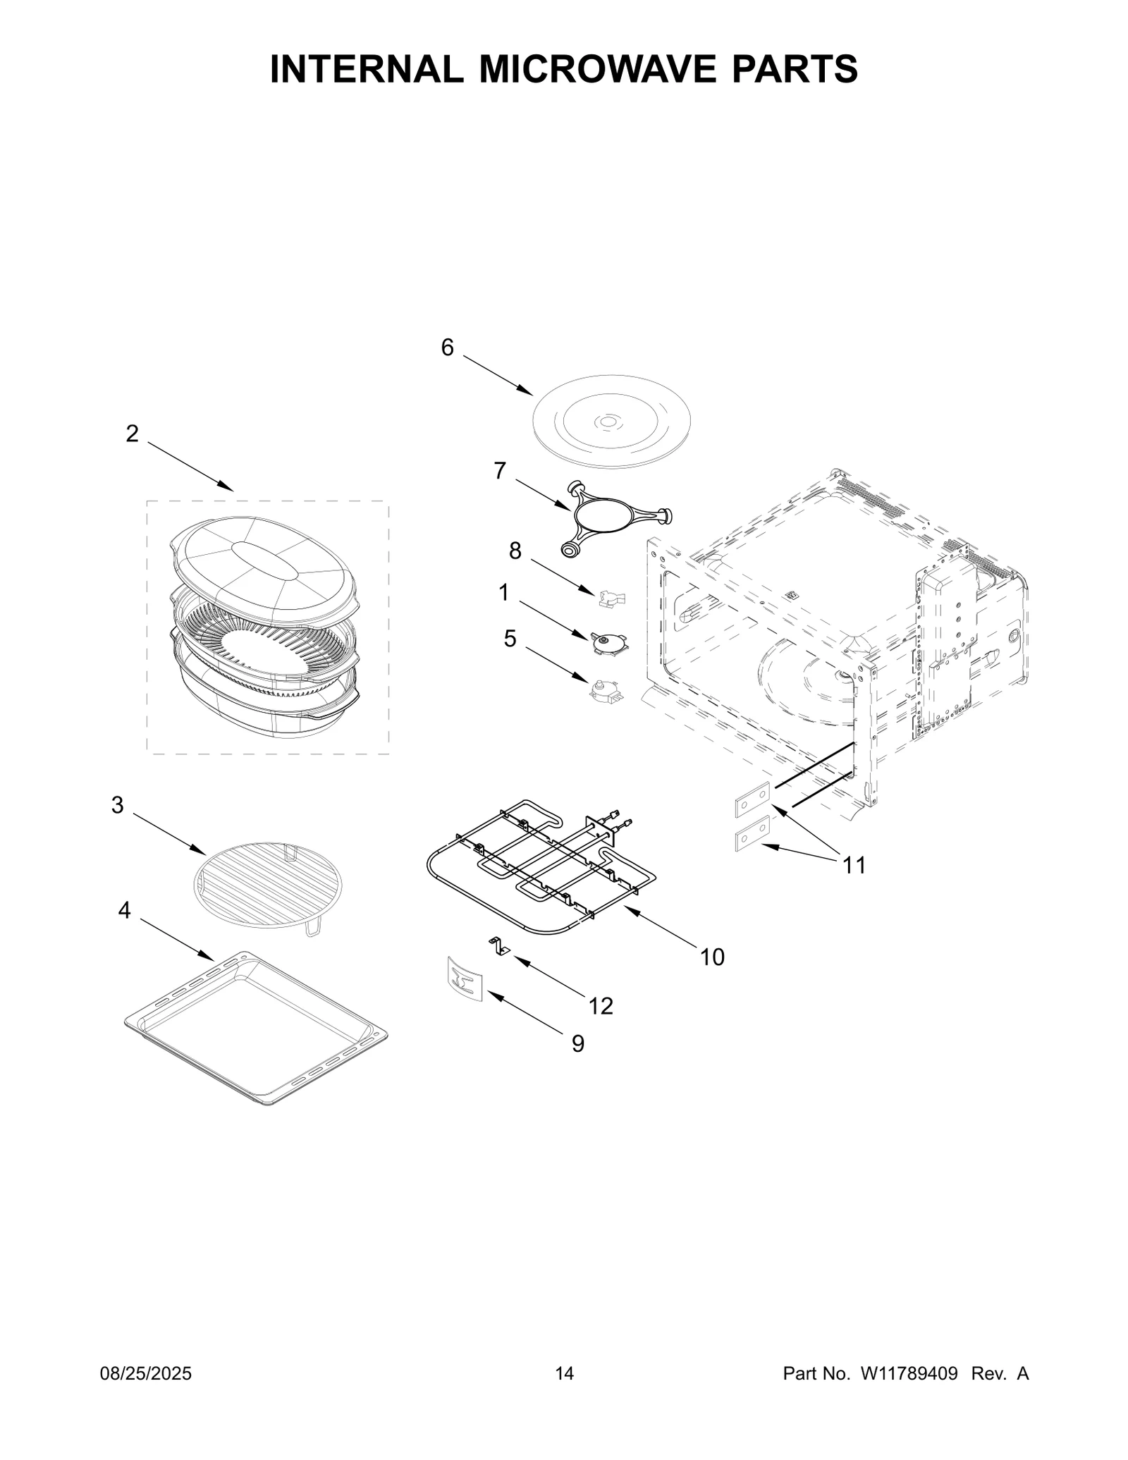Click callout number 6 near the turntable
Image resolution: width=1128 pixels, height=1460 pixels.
tap(448, 348)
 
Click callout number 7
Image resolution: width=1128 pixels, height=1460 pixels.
tap(500, 470)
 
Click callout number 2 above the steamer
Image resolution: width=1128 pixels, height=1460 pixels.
tap(132, 434)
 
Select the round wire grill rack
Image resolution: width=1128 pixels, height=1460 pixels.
tap(266, 884)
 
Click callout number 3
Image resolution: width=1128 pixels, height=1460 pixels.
tap(117, 805)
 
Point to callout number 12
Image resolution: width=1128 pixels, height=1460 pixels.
tap(601, 1006)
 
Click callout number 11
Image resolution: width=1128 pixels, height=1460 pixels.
tap(854, 865)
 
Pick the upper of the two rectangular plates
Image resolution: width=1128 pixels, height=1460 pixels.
tap(752, 800)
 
